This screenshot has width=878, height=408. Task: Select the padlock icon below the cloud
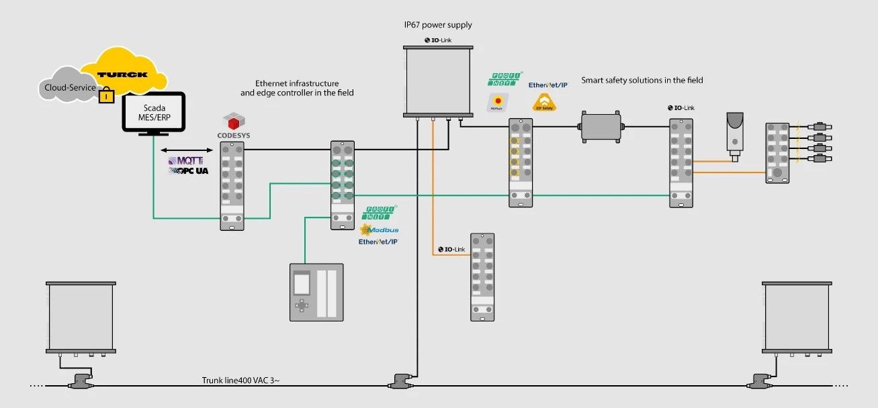click(105, 97)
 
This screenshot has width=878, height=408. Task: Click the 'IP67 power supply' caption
click(438, 25)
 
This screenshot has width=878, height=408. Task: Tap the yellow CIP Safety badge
click(543, 103)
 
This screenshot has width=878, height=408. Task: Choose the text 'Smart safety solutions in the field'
click(642, 81)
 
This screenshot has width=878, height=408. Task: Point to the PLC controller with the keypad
click(316, 292)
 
